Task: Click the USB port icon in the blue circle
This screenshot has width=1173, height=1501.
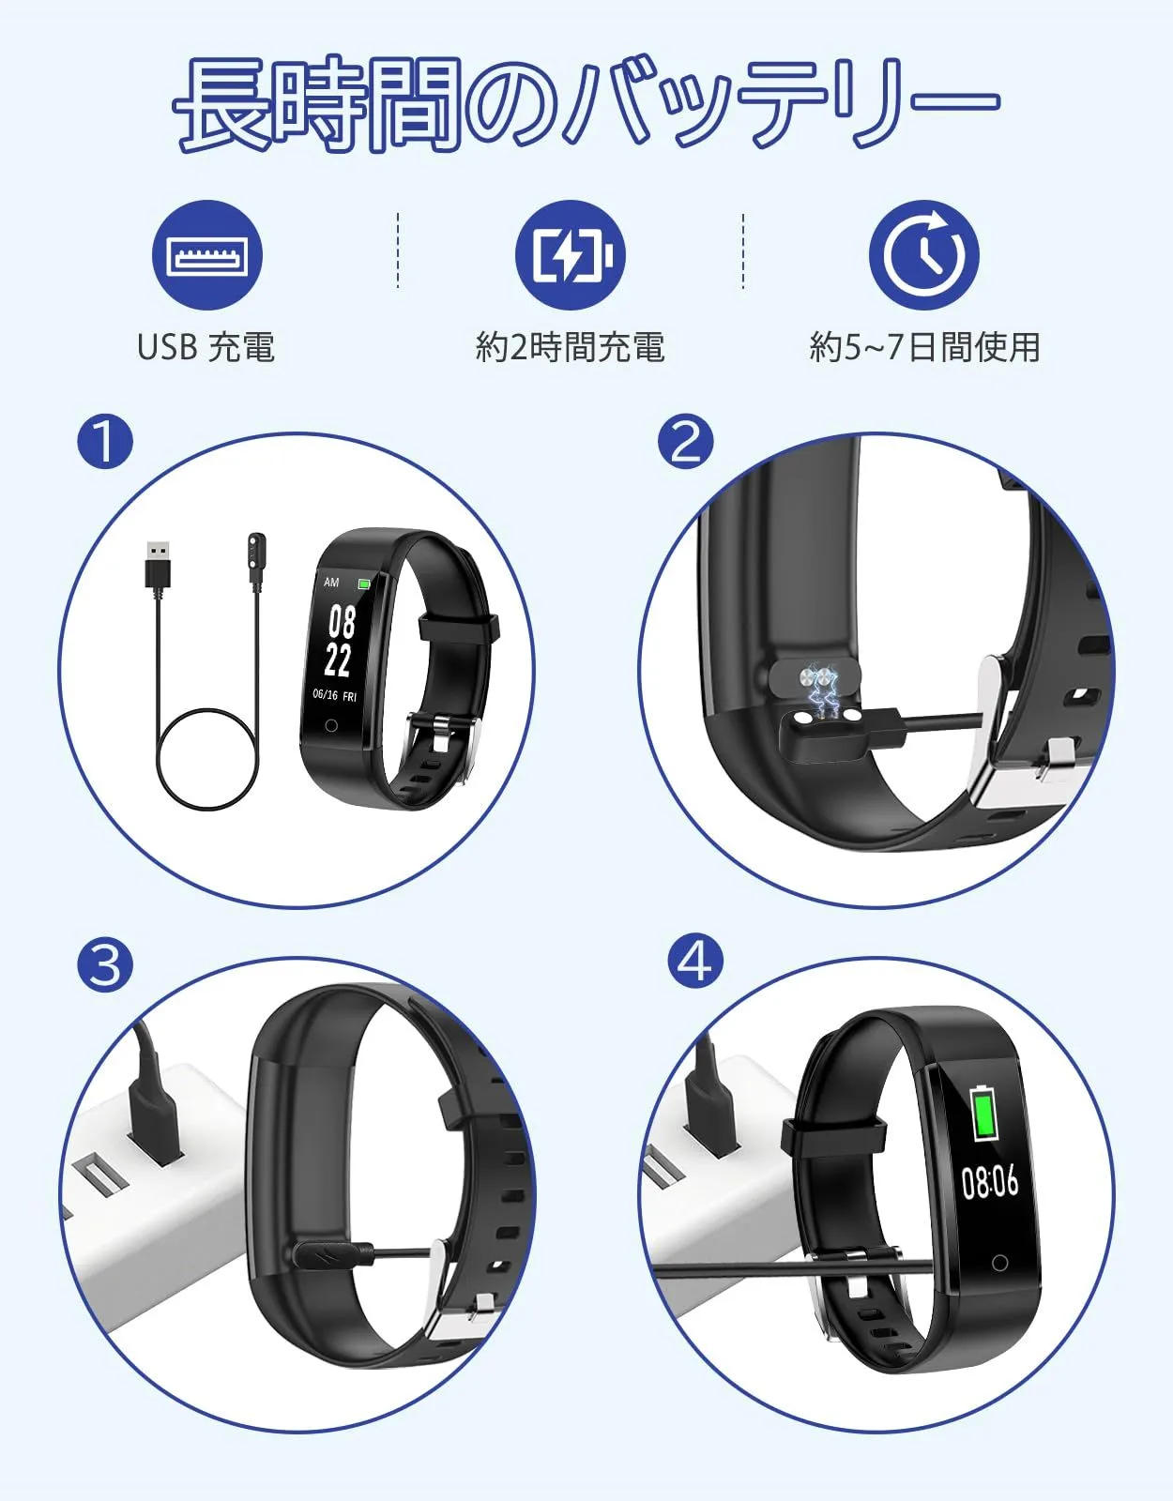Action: [207, 255]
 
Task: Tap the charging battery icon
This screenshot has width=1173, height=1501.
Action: [570, 255]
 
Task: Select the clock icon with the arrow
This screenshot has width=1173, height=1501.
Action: [923, 255]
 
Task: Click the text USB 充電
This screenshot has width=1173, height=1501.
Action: [206, 347]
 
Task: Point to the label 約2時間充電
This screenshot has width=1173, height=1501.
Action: [570, 347]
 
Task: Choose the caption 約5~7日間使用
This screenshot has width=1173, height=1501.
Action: [925, 347]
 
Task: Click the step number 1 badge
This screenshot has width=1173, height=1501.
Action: [105, 442]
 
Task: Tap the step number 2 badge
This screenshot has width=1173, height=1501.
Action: [685, 442]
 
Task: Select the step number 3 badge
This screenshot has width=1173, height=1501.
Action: [105, 964]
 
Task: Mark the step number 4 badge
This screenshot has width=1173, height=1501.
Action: [695, 961]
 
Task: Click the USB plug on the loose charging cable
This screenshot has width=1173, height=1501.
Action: [159, 565]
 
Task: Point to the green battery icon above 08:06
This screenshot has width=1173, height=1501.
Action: [984, 1113]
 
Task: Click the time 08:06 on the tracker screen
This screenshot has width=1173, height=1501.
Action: [990, 1183]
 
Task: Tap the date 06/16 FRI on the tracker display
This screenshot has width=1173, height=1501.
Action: [334, 694]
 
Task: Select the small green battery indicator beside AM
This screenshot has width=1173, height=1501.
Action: [364, 584]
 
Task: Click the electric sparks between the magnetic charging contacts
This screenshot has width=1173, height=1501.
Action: [823, 693]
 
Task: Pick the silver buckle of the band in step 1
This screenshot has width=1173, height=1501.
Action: [444, 734]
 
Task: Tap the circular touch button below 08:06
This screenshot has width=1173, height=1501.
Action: [998, 1264]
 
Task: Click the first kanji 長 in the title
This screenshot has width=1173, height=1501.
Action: [221, 103]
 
